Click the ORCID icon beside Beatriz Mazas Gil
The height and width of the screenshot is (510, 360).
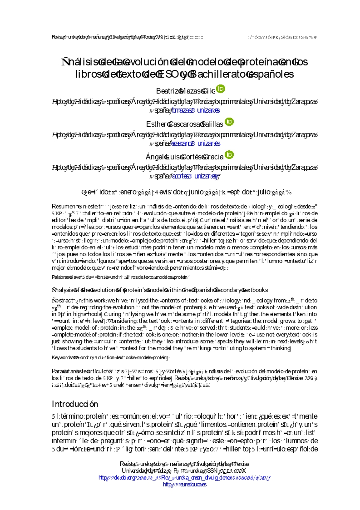[x=220, y=89]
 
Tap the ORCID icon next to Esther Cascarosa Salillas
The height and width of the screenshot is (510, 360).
[x=230, y=122]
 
